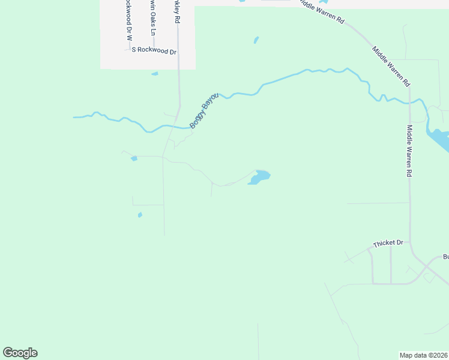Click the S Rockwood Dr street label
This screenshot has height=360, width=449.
click(154, 51)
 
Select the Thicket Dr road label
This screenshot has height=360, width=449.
click(388, 243)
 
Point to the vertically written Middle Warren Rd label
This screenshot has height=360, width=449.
click(409, 150)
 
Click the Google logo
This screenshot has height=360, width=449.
click(20, 353)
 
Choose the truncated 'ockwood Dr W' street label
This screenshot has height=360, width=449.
click(128, 19)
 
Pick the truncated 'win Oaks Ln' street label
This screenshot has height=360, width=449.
click(152, 18)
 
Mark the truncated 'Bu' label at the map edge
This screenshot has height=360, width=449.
click(445, 257)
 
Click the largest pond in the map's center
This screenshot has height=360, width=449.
click(259, 178)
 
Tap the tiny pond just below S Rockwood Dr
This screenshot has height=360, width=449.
click(155, 74)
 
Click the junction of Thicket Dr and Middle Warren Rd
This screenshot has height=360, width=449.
click(410, 242)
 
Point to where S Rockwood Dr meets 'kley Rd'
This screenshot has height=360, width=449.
click(178, 51)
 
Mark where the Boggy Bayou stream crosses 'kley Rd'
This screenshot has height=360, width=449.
click(175, 127)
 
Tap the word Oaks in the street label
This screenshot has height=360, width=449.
click(152, 17)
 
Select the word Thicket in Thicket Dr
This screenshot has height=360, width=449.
click(383, 244)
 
